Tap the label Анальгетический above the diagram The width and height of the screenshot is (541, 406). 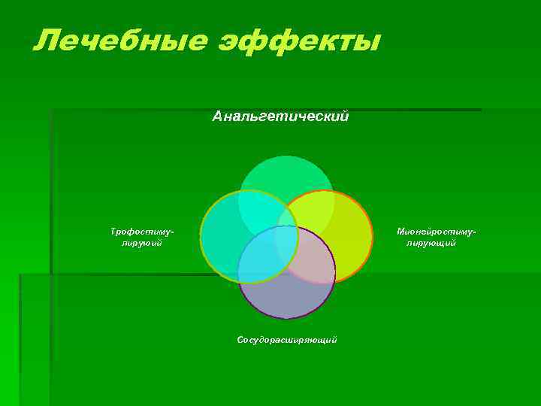[x=280, y=117]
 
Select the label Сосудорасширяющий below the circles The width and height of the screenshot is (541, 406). [x=287, y=340]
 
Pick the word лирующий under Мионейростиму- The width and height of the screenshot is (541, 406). [x=431, y=243]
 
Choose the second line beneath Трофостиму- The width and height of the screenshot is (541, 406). [x=142, y=243]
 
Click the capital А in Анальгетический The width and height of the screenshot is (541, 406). [x=218, y=117]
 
